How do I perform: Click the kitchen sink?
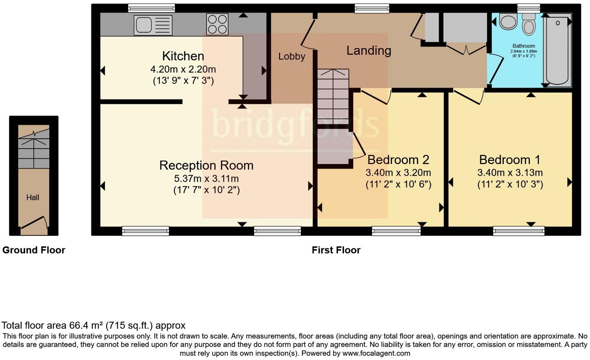[153, 25]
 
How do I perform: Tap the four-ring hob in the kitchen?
[217, 24]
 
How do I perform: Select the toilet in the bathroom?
[528, 25]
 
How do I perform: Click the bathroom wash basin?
[508, 22]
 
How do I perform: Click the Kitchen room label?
[183, 56]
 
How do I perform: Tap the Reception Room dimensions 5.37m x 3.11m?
[206, 179]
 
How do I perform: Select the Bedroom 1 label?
[510, 160]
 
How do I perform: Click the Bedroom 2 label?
[398, 160]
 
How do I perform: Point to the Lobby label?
[292, 57]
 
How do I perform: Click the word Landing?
[368, 50]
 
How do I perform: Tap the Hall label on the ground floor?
[33, 197]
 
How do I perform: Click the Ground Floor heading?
[34, 250]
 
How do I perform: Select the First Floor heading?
[336, 250]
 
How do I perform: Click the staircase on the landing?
[333, 97]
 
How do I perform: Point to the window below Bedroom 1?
[519, 232]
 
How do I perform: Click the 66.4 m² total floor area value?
[86, 325]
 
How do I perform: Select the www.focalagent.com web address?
[376, 353]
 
